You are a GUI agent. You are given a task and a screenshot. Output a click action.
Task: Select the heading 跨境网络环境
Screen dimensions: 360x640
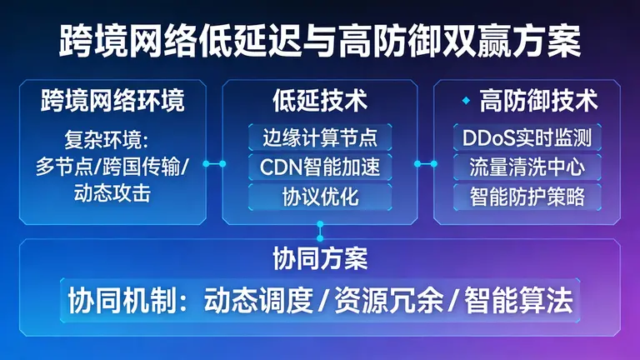click(112, 102)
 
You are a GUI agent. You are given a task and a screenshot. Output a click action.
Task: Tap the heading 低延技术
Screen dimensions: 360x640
click(319, 102)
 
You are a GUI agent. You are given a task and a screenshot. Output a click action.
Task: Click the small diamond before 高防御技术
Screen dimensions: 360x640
click(466, 101)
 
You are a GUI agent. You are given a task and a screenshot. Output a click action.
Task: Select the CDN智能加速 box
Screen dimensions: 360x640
click(319, 167)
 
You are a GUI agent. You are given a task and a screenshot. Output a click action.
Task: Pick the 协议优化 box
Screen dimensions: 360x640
click(319, 197)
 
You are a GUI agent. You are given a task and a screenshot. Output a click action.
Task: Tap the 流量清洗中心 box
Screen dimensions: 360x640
click(527, 167)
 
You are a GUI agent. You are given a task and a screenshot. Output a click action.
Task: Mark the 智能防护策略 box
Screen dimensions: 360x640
click(527, 197)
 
